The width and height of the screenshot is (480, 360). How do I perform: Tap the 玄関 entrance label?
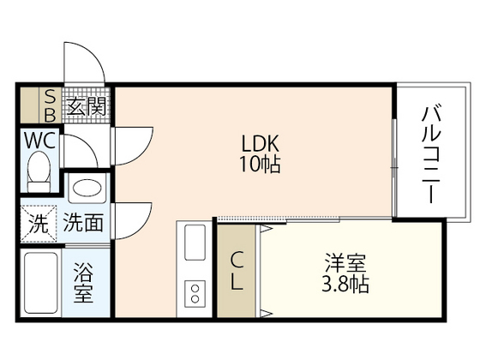(x=87, y=105)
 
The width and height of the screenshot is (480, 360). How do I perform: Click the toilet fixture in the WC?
(x=39, y=171)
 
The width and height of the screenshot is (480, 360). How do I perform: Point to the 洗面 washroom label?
(x=83, y=223)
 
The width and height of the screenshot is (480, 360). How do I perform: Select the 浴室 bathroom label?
(x=83, y=283)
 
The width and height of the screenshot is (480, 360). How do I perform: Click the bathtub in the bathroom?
(x=39, y=283)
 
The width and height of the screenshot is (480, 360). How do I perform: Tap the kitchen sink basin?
(x=195, y=242)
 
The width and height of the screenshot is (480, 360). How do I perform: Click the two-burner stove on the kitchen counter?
(x=195, y=293)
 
